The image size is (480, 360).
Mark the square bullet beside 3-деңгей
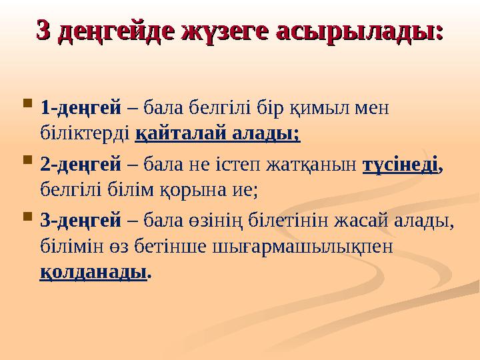pyautogui.click(x=26, y=217)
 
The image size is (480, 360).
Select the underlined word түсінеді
pyautogui.click(x=400, y=163)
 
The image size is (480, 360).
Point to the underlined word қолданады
pyautogui.click(x=93, y=273)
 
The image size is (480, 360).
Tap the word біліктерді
pyautogui.click(x=85, y=134)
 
